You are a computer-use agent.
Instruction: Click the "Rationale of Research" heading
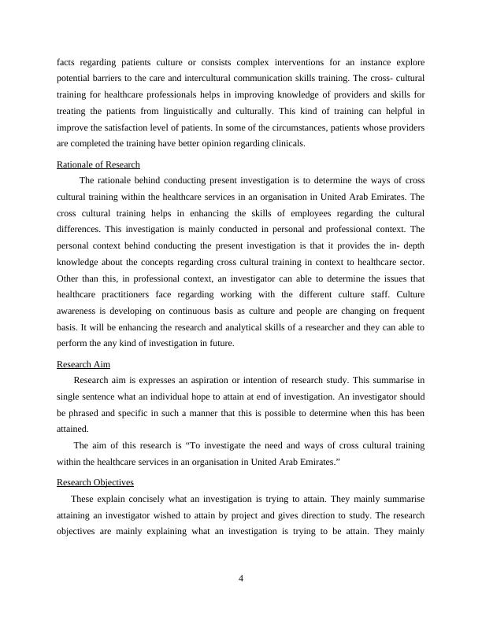98,164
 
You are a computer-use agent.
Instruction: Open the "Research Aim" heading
83,365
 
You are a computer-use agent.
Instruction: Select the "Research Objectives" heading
95,481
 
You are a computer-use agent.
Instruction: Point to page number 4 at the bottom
241,580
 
